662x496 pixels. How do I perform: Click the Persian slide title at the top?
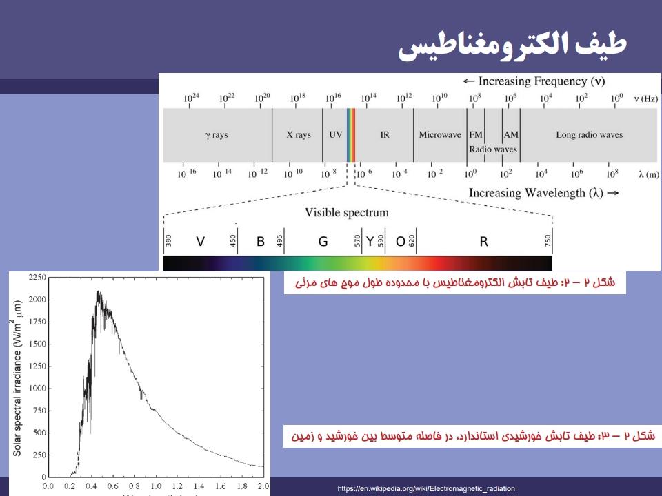512,45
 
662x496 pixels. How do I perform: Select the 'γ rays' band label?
217,135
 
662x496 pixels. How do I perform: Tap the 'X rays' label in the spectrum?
299,134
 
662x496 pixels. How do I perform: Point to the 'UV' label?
336,134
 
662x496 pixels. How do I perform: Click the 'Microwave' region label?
440,134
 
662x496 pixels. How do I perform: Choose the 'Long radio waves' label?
590,134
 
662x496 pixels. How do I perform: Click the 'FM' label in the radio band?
476,134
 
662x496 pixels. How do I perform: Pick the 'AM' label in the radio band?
511,134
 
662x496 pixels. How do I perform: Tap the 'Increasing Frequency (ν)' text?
534,81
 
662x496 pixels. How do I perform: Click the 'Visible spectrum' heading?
347,212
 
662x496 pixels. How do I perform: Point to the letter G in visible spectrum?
323,242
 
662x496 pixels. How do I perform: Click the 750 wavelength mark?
548,240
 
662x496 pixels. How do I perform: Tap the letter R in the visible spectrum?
484,242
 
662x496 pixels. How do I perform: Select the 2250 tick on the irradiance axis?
37,277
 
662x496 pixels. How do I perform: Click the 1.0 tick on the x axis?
156,486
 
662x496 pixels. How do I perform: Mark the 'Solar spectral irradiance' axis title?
16,378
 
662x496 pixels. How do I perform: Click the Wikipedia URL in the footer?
426,489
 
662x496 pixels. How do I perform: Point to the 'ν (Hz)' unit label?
645,99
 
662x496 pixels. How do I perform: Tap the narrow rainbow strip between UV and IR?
351,135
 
